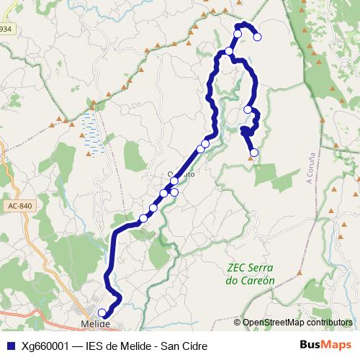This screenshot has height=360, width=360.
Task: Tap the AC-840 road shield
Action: click(x=21, y=206)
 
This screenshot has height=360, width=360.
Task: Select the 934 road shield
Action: click(x=6, y=29)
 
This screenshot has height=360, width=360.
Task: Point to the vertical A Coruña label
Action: click(x=311, y=167)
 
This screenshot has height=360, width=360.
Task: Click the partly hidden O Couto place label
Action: click(x=181, y=174)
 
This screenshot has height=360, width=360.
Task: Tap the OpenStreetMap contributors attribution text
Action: click(x=297, y=323)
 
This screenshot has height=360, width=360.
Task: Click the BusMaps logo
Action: click(x=326, y=345)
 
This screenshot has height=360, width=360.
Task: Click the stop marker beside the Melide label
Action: click(x=102, y=312)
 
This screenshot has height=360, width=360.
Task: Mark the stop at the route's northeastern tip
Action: click(x=257, y=37)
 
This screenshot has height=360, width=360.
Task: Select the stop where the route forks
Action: click(x=228, y=51)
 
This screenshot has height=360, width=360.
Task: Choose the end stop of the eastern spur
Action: click(x=253, y=152)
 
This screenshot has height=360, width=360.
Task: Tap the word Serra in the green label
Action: click(x=266, y=268)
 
